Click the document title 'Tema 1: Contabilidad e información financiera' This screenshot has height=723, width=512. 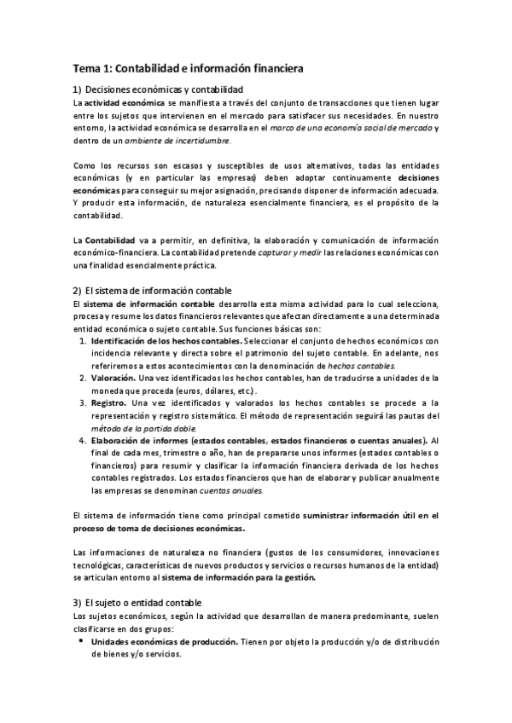(x=189, y=66)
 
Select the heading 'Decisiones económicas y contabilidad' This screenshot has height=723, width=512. (x=164, y=90)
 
